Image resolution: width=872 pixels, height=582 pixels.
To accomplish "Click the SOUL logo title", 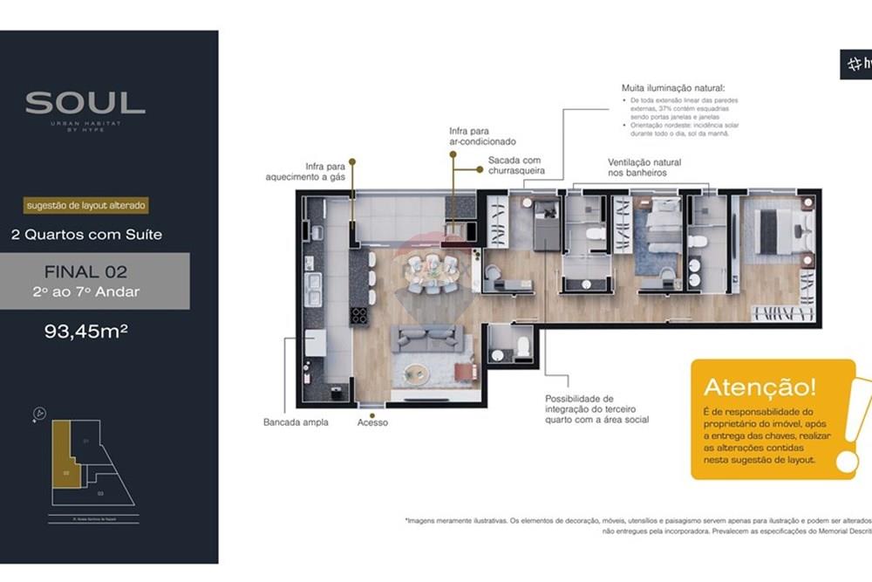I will pyautogui.click(x=85, y=103).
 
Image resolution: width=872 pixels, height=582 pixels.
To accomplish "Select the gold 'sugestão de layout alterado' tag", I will pyautogui.click(x=85, y=207).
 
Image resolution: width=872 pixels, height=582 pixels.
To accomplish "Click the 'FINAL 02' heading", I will pyautogui.click(x=85, y=272).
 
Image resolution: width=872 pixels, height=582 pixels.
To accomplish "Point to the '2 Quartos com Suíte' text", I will pyautogui.click(x=86, y=234).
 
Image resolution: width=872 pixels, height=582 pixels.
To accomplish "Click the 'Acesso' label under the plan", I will pyautogui.click(x=372, y=422).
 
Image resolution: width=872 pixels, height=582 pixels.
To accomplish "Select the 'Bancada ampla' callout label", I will pyautogui.click(x=296, y=422).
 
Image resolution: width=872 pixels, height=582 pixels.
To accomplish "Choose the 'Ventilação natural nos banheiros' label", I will pyautogui.click(x=644, y=168).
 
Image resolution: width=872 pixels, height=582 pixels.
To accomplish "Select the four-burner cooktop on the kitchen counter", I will pyautogui.click(x=358, y=316).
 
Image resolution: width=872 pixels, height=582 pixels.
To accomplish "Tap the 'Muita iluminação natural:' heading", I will pyautogui.click(x=666, y=88).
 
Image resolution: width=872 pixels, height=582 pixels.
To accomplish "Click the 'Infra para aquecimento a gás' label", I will pyautogui.click(x=305, y=171).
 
